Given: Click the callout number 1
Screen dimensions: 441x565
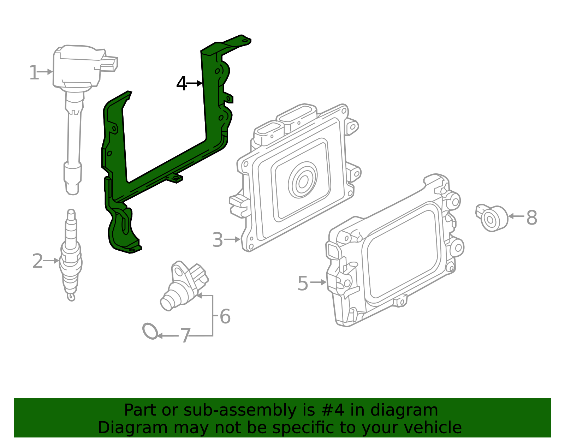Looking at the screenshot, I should [34, 73].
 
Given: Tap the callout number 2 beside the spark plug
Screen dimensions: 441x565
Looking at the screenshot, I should [37, 261].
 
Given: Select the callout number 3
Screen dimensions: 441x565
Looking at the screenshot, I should [218, 240].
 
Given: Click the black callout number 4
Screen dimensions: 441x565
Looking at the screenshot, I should [182, 84].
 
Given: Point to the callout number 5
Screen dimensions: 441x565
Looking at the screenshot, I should [303, 284].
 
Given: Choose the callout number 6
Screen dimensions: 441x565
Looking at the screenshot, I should [225, 316].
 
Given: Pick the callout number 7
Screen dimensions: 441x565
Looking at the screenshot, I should [185, 336].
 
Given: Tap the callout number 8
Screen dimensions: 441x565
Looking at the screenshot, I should [531, 218].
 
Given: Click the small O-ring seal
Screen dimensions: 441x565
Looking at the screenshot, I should [150, 331].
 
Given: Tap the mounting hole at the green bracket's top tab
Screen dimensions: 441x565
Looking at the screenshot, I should [244, 41].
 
